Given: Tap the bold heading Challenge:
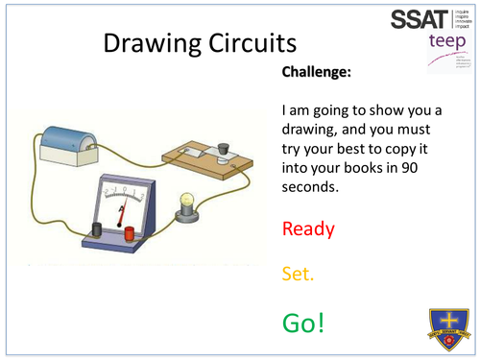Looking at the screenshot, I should click(x=319, y=72).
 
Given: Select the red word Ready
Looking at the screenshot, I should click(x=308, y=228).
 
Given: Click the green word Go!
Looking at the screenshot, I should click(x=303, y=322).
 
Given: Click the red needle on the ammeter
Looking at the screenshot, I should click(x=121, y=203).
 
